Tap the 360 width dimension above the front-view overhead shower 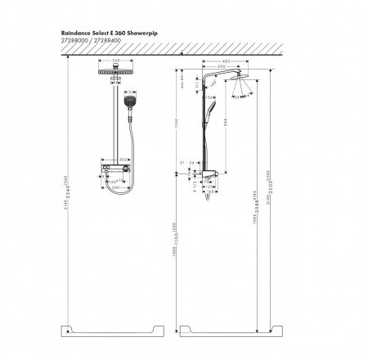click(115, 61)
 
